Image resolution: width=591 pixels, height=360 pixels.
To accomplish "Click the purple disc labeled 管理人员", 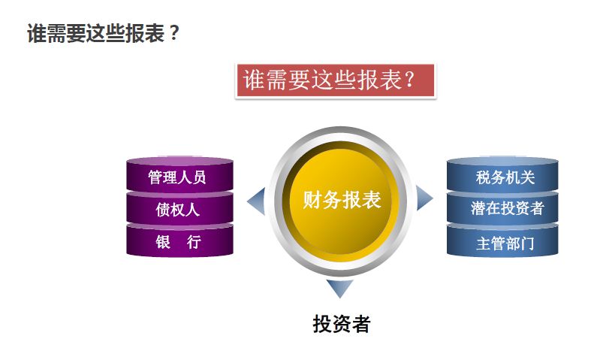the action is click(x=179, y=178).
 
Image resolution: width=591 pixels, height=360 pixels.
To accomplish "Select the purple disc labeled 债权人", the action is click(x=179, y=210).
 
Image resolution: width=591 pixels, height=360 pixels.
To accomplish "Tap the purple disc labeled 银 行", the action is click(x=179, y=242).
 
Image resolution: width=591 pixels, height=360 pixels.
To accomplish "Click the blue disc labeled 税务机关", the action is click(x=503, y=178).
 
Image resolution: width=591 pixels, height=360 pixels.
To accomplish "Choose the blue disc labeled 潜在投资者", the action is click(x=503, y=209).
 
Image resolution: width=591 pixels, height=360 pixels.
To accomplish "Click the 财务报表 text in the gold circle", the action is click(x=342, y=200).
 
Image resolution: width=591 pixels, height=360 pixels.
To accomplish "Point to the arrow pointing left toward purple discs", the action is click(x=256, y=201).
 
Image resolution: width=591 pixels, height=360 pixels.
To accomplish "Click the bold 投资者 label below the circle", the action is click(x=342, y=325).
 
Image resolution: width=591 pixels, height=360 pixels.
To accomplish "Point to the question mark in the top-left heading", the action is click(x=174, y=34).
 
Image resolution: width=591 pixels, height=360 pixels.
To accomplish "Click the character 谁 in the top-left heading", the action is click(x=37, y=34).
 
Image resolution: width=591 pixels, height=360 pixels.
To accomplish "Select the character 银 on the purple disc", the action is click(x=162, y=242).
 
